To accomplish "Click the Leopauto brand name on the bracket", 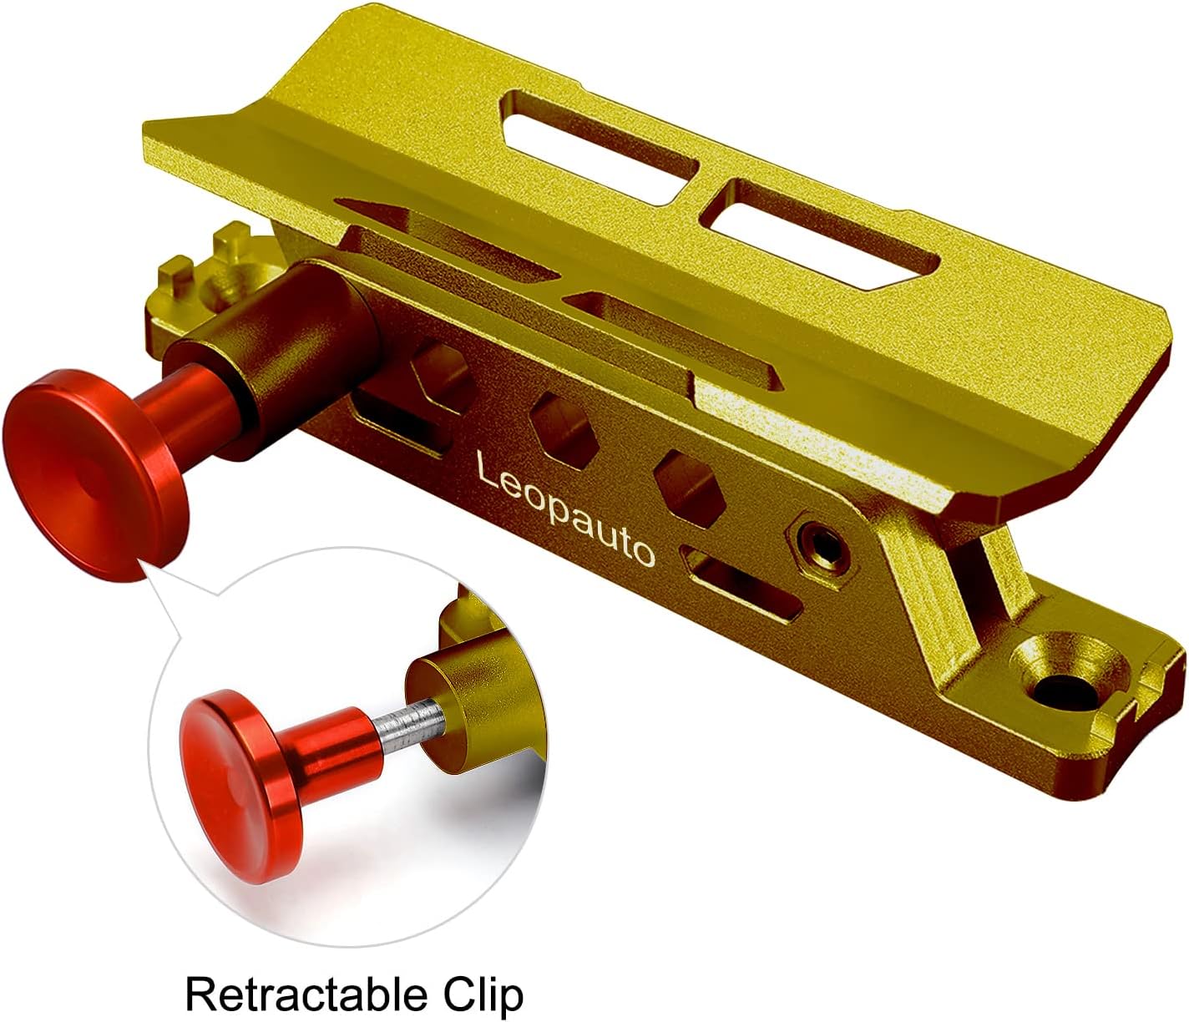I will [x=564, y=508].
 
